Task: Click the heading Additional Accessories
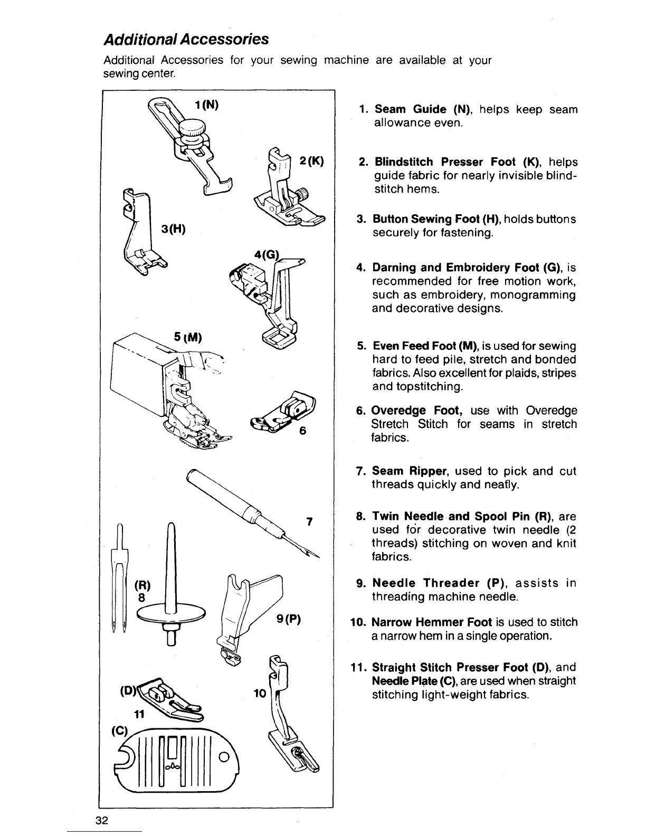(186, 40)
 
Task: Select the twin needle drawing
(120, 575)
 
